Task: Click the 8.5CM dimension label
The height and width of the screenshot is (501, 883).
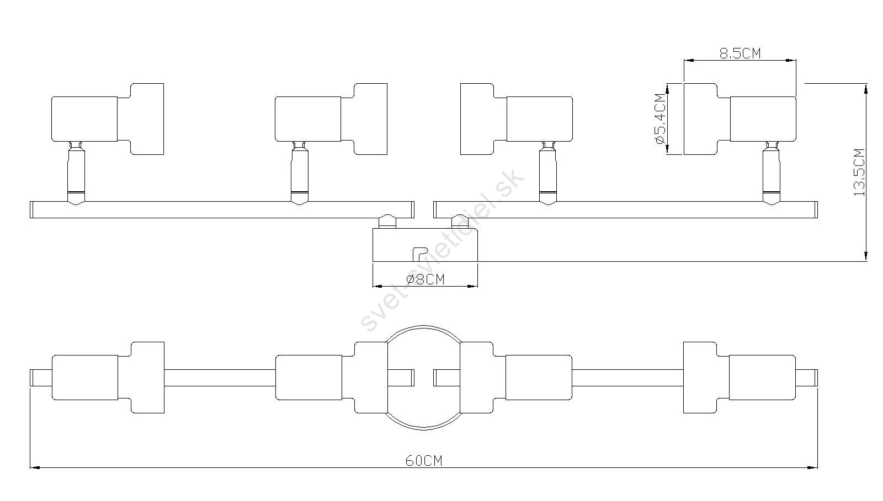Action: [x=740, y=53]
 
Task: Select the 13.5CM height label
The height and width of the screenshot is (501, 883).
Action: [x=859, y=172]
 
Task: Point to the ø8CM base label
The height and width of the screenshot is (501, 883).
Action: [x=425, y=279]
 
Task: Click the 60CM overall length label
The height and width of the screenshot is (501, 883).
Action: [x=424, y=461]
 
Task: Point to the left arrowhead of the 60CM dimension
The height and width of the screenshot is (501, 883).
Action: [x=35, y=468]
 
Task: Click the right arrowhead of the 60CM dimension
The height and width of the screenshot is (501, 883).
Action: [x=812, y=468]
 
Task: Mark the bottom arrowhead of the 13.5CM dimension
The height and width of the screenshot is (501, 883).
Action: [x=866, y=255]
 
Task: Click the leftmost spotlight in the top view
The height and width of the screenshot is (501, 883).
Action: [x=108, y=378]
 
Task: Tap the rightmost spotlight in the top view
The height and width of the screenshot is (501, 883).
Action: [x=740, y=378]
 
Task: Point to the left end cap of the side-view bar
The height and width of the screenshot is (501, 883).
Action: [x=32, y=209]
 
